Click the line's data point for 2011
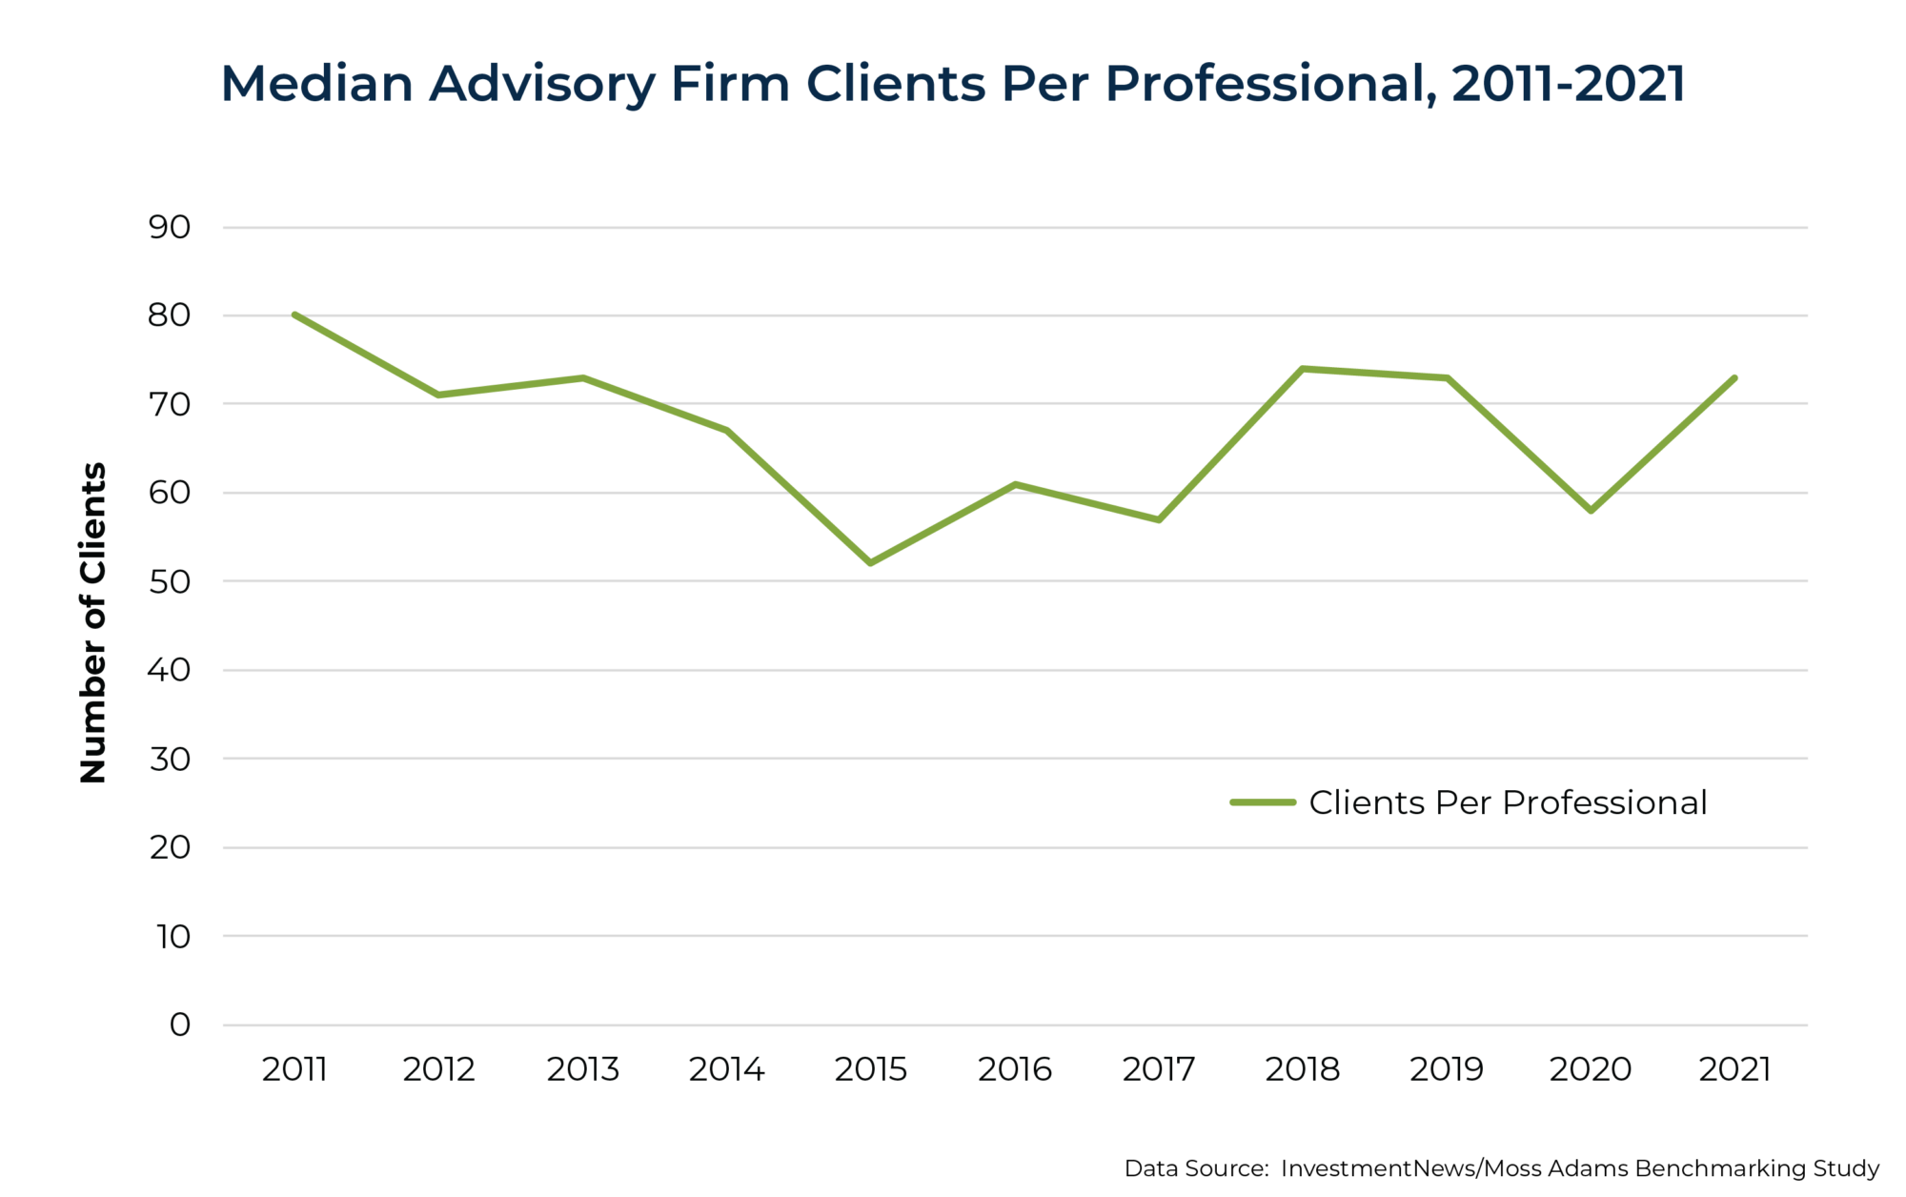click(x=295, y=314)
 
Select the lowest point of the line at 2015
click(x=871, y=563)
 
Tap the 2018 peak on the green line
click(x=1303, y=369)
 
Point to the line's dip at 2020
click(x=1591, y=511)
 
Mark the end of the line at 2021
click(x=1734, y=378)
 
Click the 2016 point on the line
click(x=1015, y=484)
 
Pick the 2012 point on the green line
click(x=438, y=395)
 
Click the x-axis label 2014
click(x=726, y=1069)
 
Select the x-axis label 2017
click(x=1158, y=1069)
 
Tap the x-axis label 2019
click(x=1446, y=1069)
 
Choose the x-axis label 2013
click(x=582, y=1069)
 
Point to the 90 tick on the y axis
click(x=170, y=227)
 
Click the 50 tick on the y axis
click(x=170, y=581)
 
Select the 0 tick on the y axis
click(x=180, y=1025)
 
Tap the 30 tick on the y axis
click(x=170, y=759)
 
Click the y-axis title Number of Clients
click(x=92, y=622)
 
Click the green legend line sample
click(x=1263, y=802)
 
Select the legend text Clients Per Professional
click(x=1508, y=802)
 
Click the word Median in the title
click(x=316, y=84)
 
